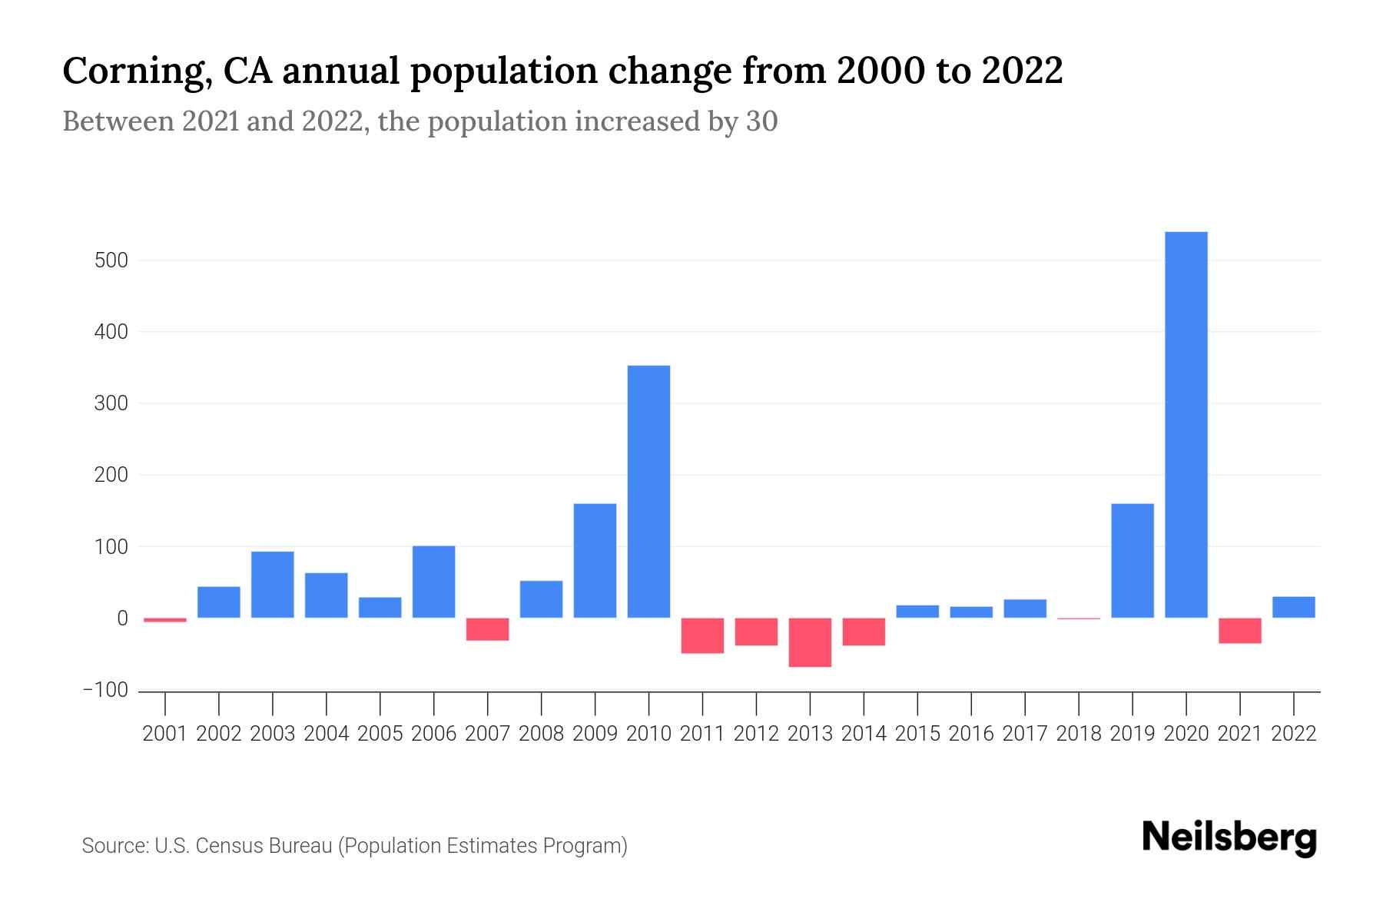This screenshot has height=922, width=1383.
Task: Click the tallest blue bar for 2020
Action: tap(1186, 425)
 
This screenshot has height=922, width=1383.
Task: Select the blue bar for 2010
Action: tap(648, 492)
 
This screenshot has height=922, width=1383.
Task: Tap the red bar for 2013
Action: tap(810, 642)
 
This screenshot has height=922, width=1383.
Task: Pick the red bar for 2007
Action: tap(487, 629)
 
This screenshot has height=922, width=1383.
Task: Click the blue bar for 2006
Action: tap(433, 582)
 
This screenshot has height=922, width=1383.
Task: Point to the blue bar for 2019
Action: tap(1132, 561)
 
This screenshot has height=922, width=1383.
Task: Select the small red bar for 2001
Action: tap(165, 620)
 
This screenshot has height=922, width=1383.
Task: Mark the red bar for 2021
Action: tap(1239, 631)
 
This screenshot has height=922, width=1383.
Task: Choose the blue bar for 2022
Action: tap(1293, 607)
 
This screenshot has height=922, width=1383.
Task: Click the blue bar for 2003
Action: tap(272, 585)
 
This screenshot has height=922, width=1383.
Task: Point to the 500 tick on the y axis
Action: tap(111, 260)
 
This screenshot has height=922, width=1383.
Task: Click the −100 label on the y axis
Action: tap(105, 690)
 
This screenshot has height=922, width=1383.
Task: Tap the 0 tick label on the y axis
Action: tap(122, 619)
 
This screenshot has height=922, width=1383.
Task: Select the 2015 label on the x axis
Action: tap(917, 734)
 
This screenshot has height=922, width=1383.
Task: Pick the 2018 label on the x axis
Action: tap(1078, 734)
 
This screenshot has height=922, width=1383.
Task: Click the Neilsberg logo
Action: tap(1229, 837)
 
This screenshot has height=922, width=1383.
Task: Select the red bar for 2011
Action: tap(702, 635)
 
